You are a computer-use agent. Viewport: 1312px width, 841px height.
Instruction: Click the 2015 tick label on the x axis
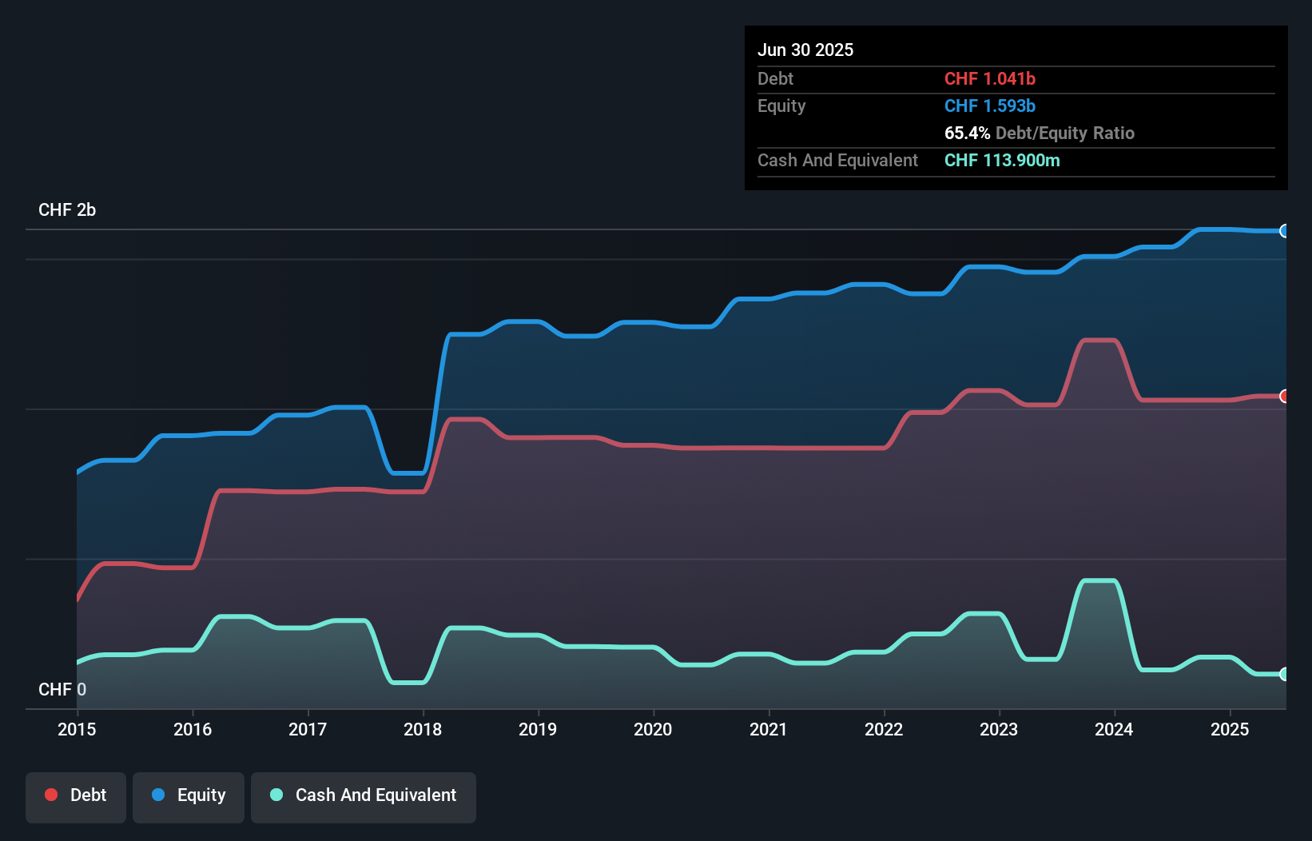(x=77, y=729)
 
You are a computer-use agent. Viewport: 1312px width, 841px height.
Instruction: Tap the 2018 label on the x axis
(x=423, y=729)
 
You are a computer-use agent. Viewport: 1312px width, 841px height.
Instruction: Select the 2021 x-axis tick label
(x=768, y=729)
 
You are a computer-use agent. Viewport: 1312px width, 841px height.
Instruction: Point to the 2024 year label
(x=1114, y=729)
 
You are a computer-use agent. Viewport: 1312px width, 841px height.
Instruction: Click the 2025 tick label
(x=1229, y=729)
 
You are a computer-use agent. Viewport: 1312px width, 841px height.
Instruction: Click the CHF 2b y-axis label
(x=67, y=209)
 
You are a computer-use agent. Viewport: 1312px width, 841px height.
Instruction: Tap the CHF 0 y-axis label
(x=62, y=689)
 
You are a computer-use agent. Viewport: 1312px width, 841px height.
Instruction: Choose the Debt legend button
(x=76, y=795)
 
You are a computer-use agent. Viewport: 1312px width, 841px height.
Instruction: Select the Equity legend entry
(x=189, y=795)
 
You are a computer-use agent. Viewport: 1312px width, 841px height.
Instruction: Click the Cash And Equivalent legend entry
(x=364, y=795)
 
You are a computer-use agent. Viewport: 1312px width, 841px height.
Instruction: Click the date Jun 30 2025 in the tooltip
(x=805, y=50)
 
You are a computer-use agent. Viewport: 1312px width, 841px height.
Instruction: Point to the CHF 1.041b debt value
(x=989, y=78)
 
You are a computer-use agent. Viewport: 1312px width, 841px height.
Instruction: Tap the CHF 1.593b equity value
(x=989, y=106)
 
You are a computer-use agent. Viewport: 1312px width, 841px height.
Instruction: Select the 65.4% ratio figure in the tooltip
(x=967, y=133)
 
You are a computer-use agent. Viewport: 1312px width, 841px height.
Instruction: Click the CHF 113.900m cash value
(x=1002, y=160)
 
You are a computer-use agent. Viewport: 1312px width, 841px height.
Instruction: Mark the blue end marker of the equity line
(x=1285, y=231)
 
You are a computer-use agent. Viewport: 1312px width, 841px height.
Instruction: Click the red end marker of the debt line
(x=1285, y=397)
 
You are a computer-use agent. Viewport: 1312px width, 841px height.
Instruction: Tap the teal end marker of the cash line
(x=1285, y=674)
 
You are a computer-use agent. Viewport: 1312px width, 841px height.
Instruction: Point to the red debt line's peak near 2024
(x=1099, y=341)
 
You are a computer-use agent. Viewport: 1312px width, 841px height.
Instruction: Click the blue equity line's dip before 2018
(x=408, y=473)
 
